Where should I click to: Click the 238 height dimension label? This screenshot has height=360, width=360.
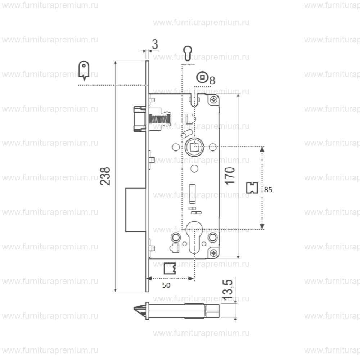click(x=105, y=176)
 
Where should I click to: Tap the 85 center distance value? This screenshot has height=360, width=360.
click(x=268, y=190)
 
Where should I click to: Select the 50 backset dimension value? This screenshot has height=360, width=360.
click(x=166, y=285)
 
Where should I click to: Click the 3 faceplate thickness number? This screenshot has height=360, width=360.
click(x=155, y=44)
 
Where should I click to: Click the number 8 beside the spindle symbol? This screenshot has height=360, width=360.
click(x=212, y=80)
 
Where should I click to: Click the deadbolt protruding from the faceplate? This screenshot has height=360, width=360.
click(x=135, y=209)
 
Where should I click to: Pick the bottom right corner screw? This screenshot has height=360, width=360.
click(x=214, y=253)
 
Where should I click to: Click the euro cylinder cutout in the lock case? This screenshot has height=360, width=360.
click(x=194, y=238)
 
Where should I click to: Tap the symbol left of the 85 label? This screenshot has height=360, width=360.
click(x=252, y=188)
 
